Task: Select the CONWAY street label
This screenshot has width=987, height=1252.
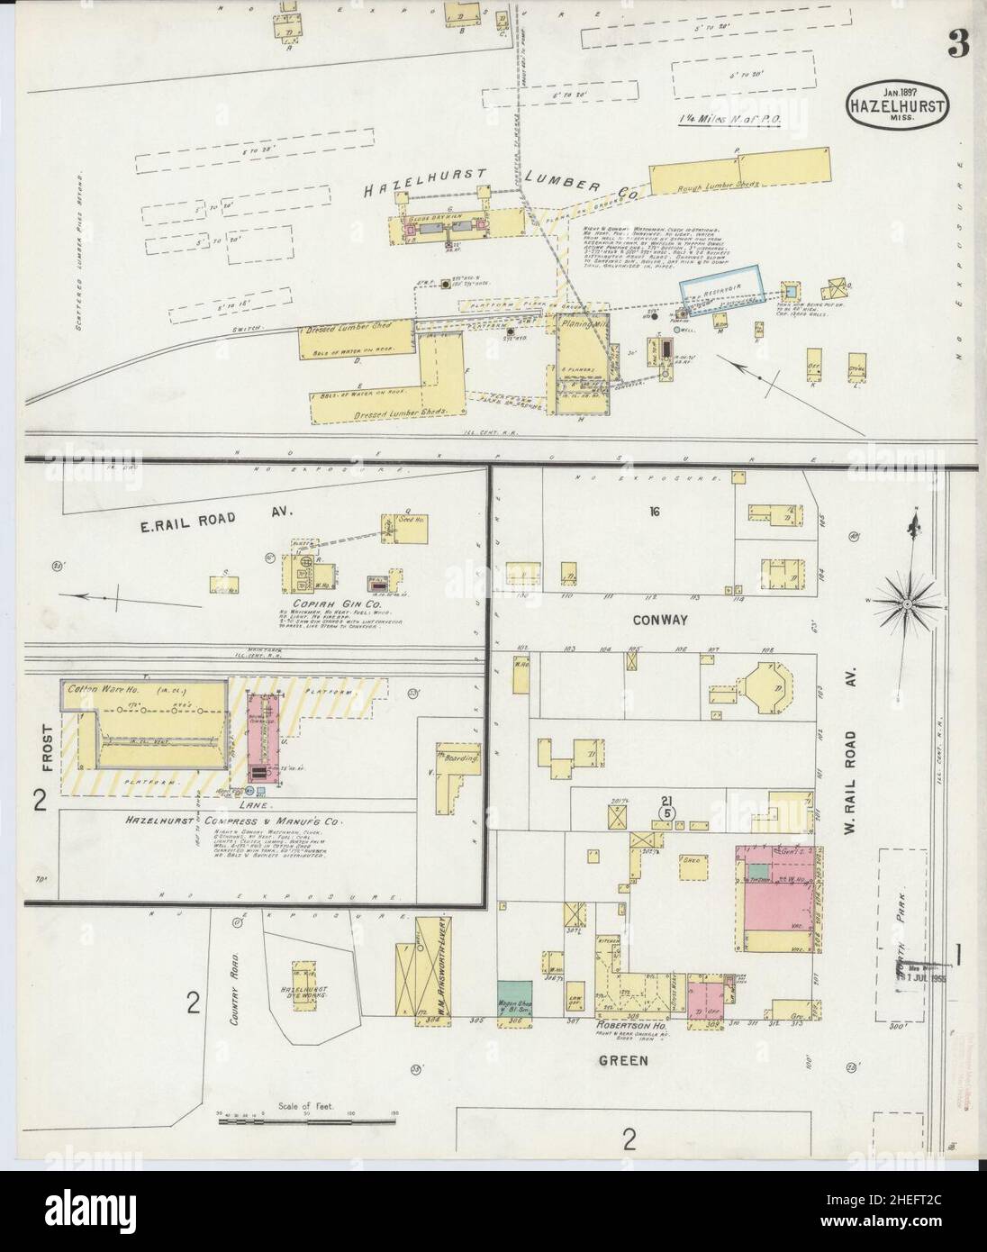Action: (659, 621)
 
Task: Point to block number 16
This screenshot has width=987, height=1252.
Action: (654, 512)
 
